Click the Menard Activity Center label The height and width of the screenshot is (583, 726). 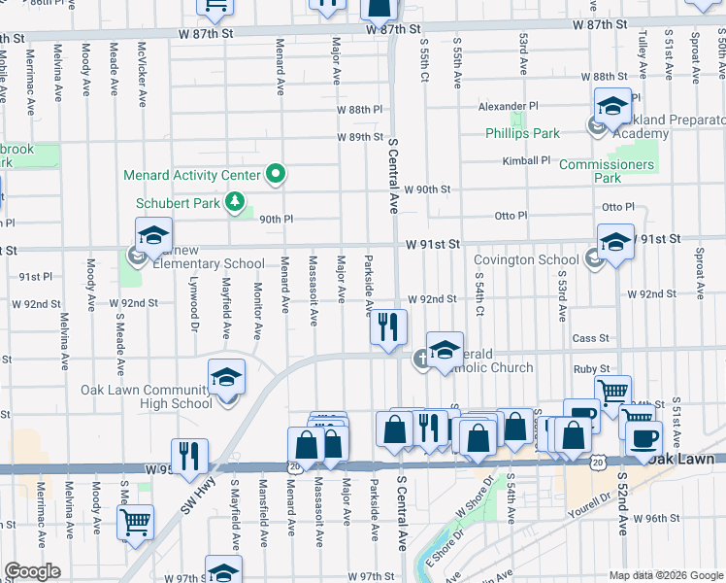[191, 176]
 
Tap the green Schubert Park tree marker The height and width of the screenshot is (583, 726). [234, 202]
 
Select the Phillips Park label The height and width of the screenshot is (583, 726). [523, 133]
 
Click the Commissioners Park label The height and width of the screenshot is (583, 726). [607, 171]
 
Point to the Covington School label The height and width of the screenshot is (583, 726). [525, 260]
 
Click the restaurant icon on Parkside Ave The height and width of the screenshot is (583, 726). [388, 327]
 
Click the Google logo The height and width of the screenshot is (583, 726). [32, 571]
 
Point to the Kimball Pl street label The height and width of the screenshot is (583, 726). [526, 160]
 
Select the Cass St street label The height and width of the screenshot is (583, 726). [590, 338]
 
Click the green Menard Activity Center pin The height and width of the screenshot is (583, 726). [276, 175]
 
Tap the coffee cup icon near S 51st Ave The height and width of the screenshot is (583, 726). [643, 437]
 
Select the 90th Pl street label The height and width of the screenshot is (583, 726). [276, 219]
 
